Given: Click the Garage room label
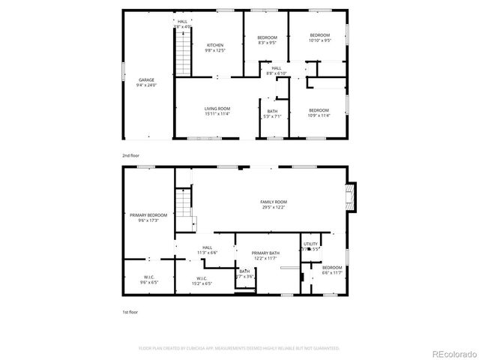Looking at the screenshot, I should (145, 82).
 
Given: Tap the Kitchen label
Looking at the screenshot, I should (214, 47).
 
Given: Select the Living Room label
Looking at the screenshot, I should (217, 111).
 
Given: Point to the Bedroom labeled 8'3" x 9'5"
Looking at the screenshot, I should (267, 40).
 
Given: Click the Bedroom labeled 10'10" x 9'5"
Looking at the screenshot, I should (319, 37).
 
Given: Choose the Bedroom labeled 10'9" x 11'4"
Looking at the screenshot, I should (319, 112).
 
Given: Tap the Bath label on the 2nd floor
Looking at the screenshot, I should (271, 113).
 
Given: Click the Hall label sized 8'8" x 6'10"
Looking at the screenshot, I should (277, 70).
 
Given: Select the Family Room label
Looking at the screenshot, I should (274, 205).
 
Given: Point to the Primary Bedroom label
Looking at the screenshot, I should (148, 217).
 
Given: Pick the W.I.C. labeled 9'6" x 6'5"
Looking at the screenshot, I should (148, 280).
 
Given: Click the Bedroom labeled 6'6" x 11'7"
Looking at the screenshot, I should (332, 270).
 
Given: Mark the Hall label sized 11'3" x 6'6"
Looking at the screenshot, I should (207, 250).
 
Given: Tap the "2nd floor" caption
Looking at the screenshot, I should (130, 155).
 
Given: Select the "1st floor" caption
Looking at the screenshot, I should (130, 311).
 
